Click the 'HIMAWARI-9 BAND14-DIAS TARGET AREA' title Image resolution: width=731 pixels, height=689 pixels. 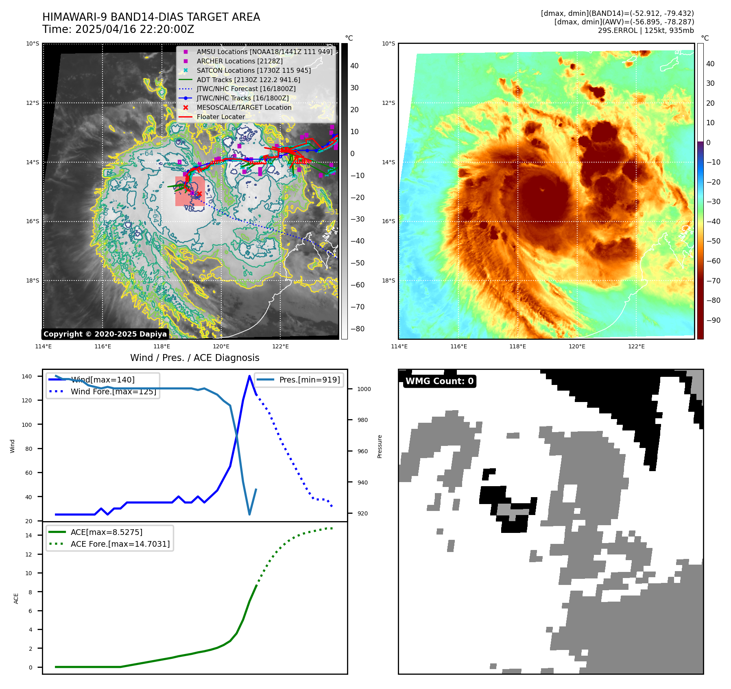pos(151,17)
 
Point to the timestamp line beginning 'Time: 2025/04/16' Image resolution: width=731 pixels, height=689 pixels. pos(118,30)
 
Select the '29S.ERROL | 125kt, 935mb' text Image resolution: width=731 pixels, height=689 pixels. pos(646,30)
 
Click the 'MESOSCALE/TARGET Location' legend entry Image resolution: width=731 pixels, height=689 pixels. pos(244,107)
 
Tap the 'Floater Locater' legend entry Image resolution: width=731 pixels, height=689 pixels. pos(220,117)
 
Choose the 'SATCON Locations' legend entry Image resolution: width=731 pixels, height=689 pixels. pos(253,70)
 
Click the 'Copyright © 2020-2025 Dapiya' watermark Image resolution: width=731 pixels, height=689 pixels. pos(105,334)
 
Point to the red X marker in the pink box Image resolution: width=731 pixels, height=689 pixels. pos(199,194)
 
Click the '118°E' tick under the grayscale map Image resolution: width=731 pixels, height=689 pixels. pos(161,346)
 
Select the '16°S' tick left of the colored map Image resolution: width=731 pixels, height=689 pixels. pos(388,222)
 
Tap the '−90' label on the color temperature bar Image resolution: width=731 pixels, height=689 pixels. pos(713,320)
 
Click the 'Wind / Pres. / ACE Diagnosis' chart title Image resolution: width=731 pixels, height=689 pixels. pos(194,358)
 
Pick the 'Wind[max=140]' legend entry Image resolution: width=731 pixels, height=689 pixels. pos(103,380)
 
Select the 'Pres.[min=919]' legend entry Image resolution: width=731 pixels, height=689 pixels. pos(309,380)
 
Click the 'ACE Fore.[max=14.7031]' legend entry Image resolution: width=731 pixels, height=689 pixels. pos(120,544)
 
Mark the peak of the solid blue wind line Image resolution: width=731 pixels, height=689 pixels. pos(249,376)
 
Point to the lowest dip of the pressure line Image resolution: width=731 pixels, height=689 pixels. pos(249,515)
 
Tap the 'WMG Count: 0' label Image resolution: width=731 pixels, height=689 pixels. pos(439,381)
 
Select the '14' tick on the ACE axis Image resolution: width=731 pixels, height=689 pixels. pos(29,535)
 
